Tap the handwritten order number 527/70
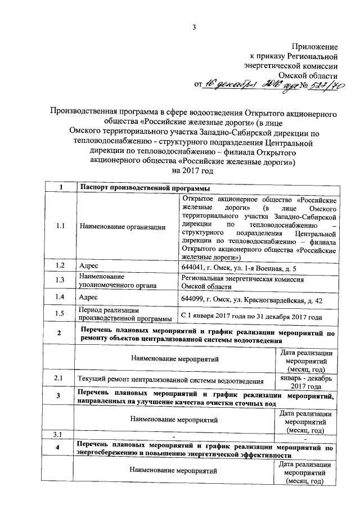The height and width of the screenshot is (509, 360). point(328,84)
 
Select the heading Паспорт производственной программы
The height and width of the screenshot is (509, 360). point(141,187)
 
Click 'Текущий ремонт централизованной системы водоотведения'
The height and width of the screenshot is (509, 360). point(171,381)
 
